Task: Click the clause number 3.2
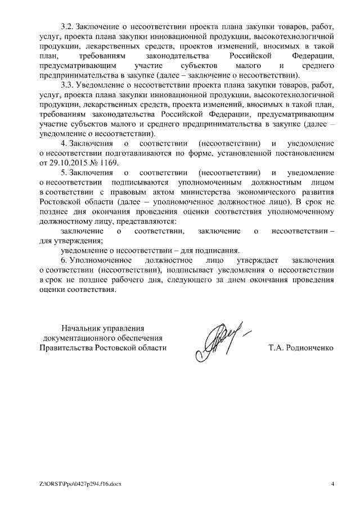click(x=66, y=26)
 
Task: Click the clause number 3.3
click(x=66, y=85)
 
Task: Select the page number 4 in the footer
click(x=332, y=484)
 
